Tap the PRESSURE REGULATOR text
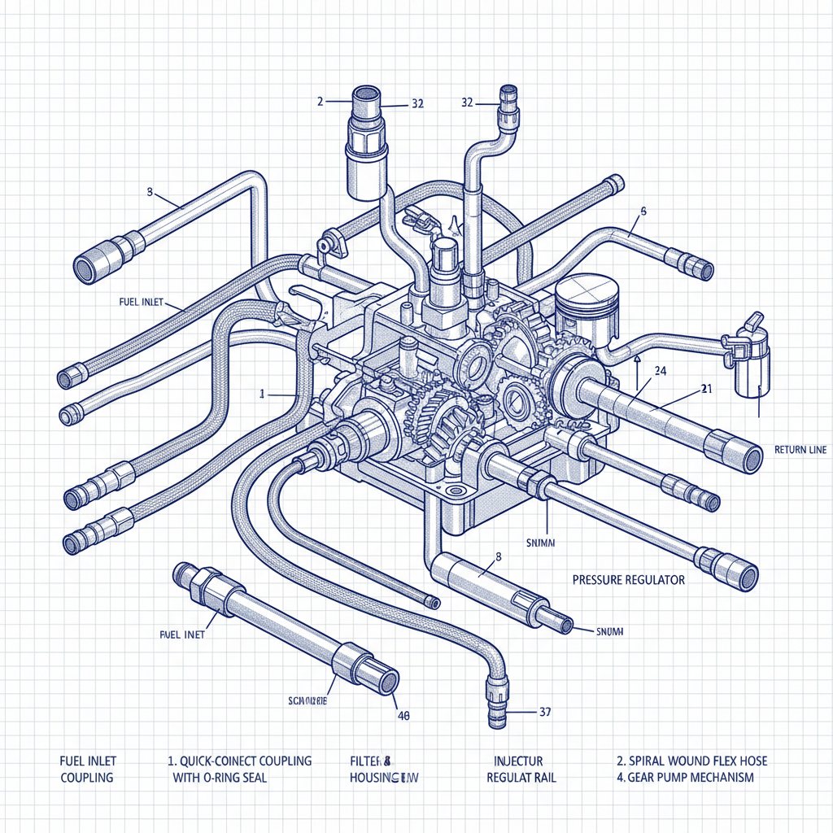(628, 580)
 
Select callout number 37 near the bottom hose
(545, 712)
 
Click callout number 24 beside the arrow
(660, 371)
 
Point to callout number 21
(705, 389)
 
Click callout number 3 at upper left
(150, 193)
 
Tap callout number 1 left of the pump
(262, 393)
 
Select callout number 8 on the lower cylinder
(498, 556)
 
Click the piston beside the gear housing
(582, 301)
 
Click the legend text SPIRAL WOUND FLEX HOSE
(691, 761)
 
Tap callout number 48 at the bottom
(402, 716)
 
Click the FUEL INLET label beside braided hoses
(141, 302)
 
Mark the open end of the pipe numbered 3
(85, 266)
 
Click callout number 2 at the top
(321, 102)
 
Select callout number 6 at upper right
(643, 212)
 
